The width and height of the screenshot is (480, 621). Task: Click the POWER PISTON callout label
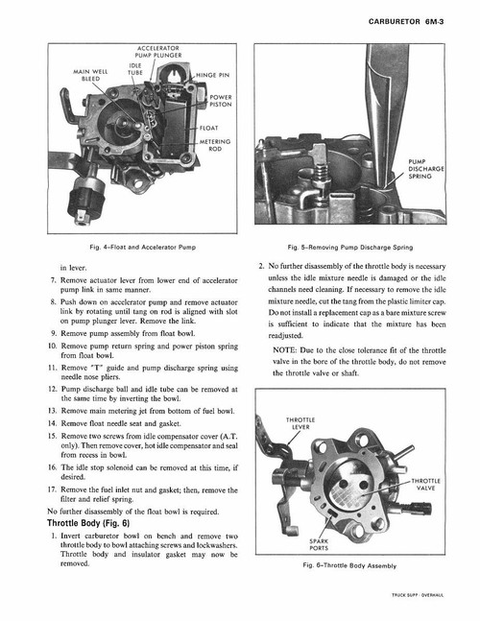[220, 102]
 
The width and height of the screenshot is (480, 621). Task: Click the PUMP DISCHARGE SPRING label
[425, 170]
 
